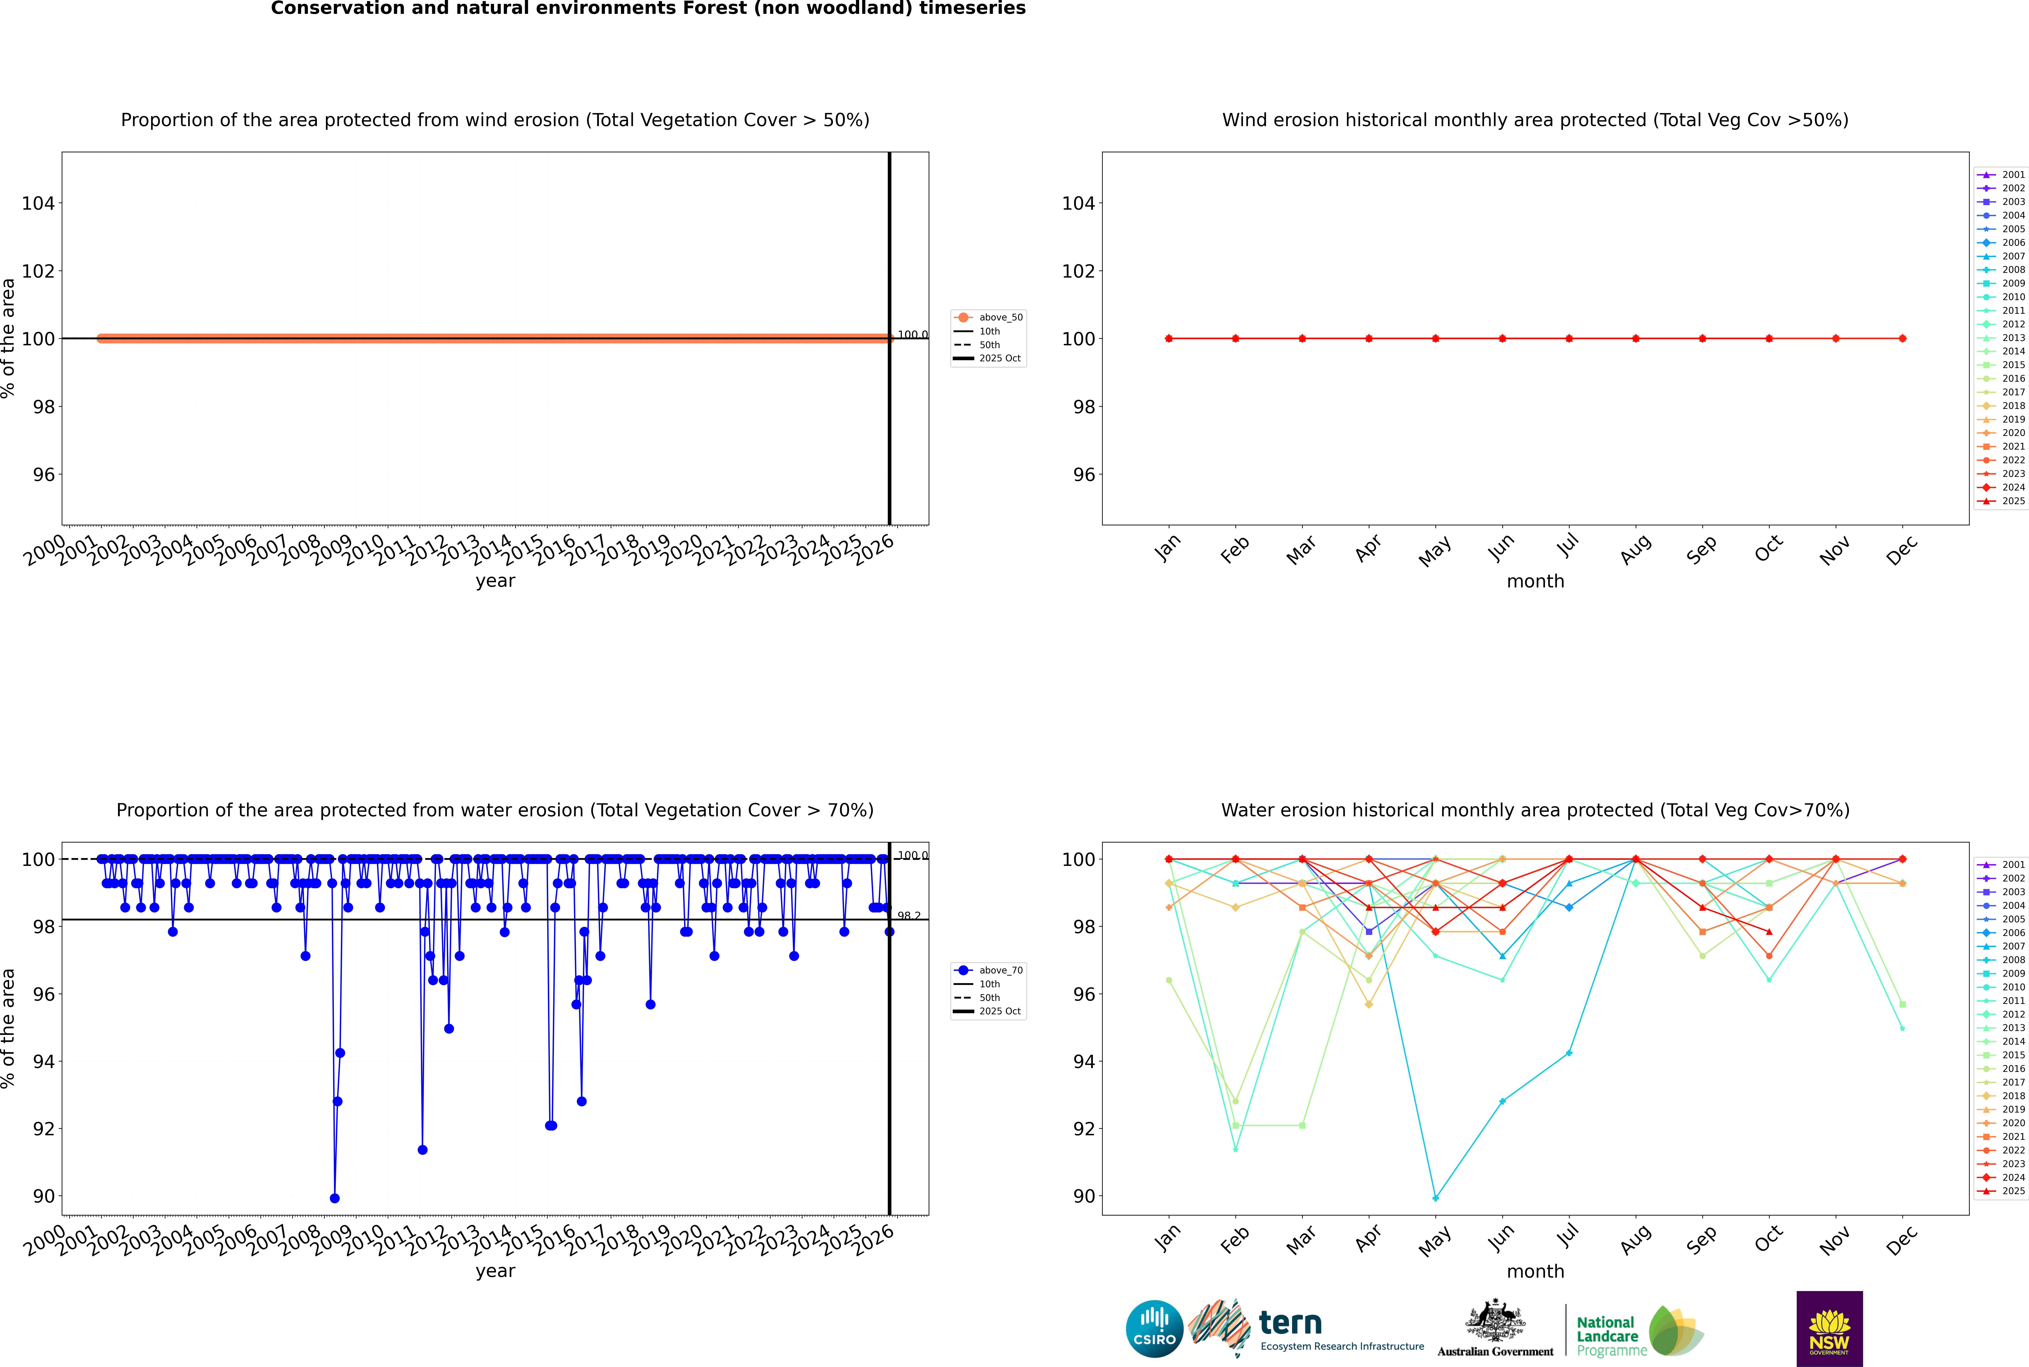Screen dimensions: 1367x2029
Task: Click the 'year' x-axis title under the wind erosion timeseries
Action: tap(496, 581)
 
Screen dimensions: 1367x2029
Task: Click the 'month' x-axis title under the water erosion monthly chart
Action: tap(1535, 1271)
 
